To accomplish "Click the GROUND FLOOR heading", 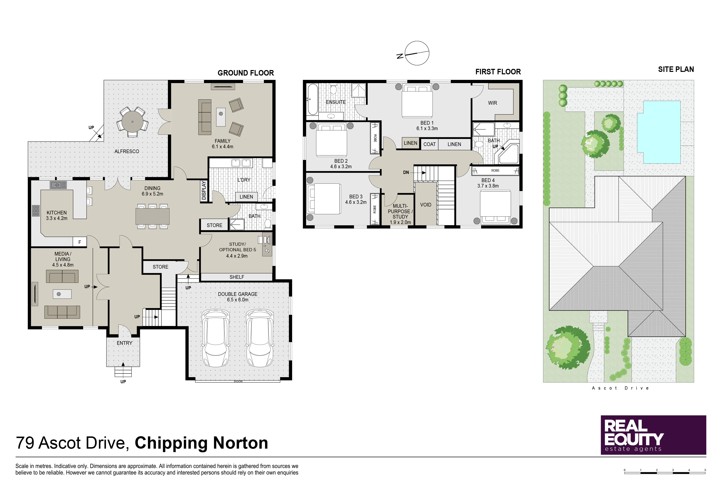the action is coord(246,73).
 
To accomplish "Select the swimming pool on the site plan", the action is coord(659,132).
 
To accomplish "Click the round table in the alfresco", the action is coord(132,122).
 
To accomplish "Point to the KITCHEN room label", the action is coord(56,213).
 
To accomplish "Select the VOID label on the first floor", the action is coord(426,205).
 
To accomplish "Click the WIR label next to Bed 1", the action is coord(492,103).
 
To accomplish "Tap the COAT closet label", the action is coord(429,144).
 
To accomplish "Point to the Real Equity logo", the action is coord(653,435).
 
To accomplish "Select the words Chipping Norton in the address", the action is coord(201,443).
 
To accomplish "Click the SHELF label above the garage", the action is coord(237,277).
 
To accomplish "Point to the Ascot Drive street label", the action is coord(620,388).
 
